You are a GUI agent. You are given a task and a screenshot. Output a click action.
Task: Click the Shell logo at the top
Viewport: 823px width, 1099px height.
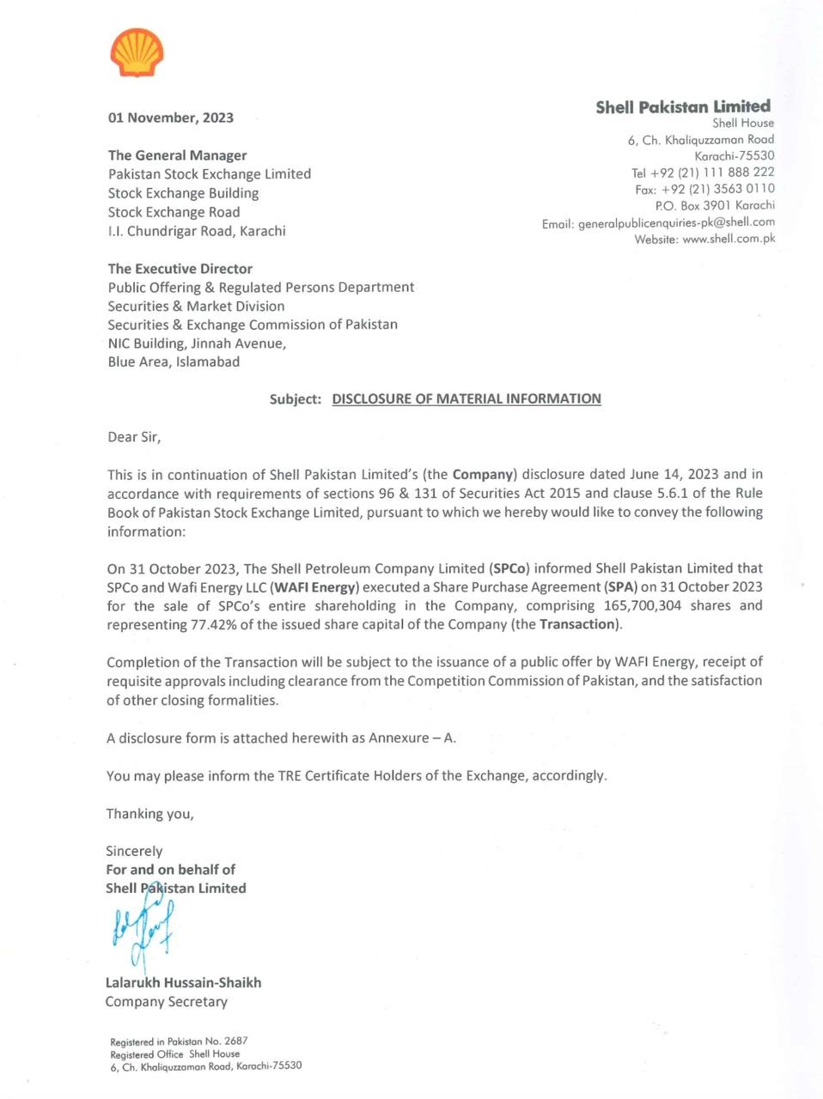pos(137,53)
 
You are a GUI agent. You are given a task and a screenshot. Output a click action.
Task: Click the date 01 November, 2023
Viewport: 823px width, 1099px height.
pos(170,118)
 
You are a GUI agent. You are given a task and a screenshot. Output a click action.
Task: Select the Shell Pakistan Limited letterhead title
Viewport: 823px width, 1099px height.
pos(683,106)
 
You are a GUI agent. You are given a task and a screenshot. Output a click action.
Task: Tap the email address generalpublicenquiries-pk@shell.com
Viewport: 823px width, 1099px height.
pos(676,222)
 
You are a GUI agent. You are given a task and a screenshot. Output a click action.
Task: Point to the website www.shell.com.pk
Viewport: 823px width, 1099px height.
pos(729,239)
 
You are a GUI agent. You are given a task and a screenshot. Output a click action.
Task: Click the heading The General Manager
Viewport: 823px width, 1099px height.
pos(177,155)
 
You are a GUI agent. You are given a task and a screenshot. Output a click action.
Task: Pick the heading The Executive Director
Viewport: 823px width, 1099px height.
pos(180,269)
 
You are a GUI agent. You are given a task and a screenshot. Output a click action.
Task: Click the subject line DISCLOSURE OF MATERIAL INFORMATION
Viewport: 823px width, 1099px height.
pos(466,398)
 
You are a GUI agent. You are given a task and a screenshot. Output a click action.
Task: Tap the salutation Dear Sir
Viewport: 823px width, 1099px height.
pos(134,437)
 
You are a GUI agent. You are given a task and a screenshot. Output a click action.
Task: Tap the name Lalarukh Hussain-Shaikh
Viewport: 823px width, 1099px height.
pos(183,982)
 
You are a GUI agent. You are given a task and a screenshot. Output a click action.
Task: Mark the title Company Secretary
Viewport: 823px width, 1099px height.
pos(166,1001)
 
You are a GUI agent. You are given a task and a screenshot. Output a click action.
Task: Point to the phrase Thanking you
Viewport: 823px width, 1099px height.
pos(149,813)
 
